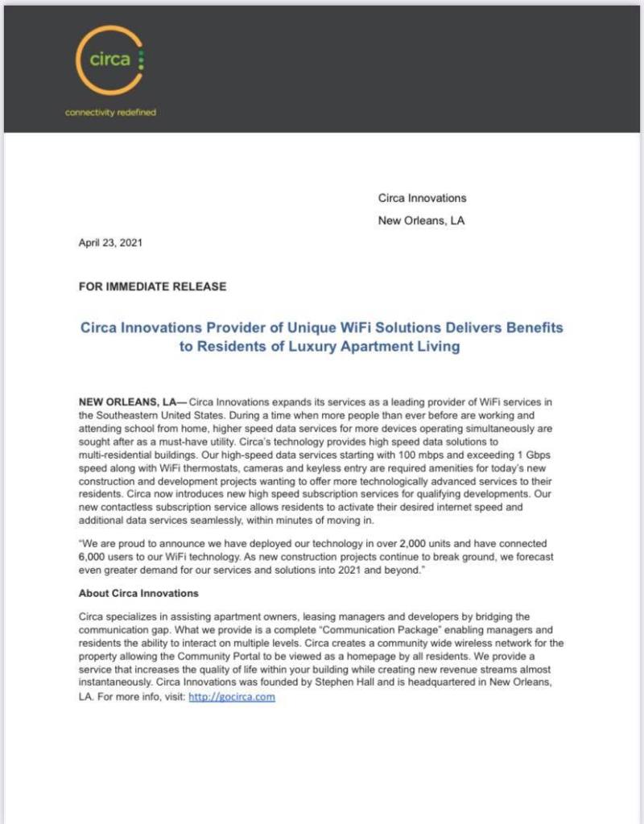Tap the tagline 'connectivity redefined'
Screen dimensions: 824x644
click(x=110, y=112)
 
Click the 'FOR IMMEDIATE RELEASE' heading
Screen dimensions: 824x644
click(x=152, y=286)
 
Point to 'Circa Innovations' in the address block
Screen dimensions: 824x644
click(x=422, y=198)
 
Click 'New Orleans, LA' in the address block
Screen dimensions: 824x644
click(x=421, y=220)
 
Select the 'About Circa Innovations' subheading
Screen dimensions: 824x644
click(x=138, y=593)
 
